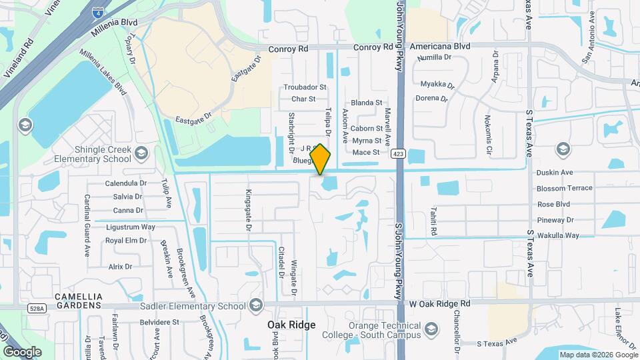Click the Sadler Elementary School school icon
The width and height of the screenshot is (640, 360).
(255, 305)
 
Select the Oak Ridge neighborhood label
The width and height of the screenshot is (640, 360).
(291, 325)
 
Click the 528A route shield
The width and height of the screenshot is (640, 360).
(37, 309)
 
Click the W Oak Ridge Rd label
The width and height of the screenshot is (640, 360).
(439, 303)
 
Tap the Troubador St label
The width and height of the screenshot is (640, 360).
(305, 87)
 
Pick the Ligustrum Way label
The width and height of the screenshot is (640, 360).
(130, 227)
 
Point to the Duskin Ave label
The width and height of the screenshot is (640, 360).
(555, 172)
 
